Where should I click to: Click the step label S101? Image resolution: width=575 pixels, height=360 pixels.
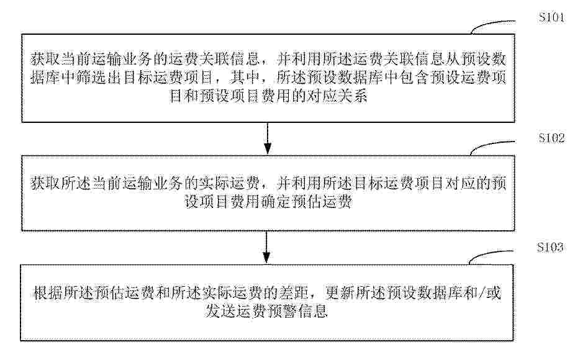pyautogui.click(x=551, y=17)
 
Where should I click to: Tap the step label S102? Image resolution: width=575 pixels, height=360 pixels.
pyautogui.click(x=551, y=138)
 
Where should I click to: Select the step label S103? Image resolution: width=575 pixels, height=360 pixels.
pyautogui.click(x=550, y=247)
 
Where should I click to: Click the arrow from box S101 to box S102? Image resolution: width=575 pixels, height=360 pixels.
pyautogui.click(x=268, y=138)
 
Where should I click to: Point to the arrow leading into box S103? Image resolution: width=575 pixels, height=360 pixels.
pyautogui.click(x=266, y=248)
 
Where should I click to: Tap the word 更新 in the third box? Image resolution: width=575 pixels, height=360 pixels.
pyautogui.click(x=340, y=293)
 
